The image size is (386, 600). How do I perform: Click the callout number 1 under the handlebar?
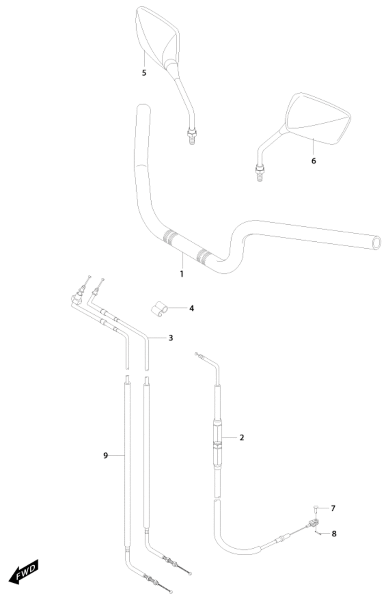pyautogui.click(x=182, y=274)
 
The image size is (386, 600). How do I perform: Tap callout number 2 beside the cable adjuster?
pyautogui.click(x=242, y=437)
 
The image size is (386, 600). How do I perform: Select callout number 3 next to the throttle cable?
pyautogui.click(x=171, y=338)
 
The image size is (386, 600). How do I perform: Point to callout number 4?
pyautogui.click(x=191, y=308)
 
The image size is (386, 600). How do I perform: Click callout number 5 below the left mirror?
pyautogui.click(x=144, y=73)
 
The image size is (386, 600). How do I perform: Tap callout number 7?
pyautogui.click(x=333, y=508)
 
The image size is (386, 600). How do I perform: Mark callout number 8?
pyautogui.click(x=334, y=534)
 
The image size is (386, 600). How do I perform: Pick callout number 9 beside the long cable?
pyautogui.click(x=105, y=455)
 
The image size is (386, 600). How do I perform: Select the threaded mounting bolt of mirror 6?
pyautogui.click(x=259, y=173)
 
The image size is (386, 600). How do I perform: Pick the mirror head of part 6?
pyautogui.click(x=318, y=118)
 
